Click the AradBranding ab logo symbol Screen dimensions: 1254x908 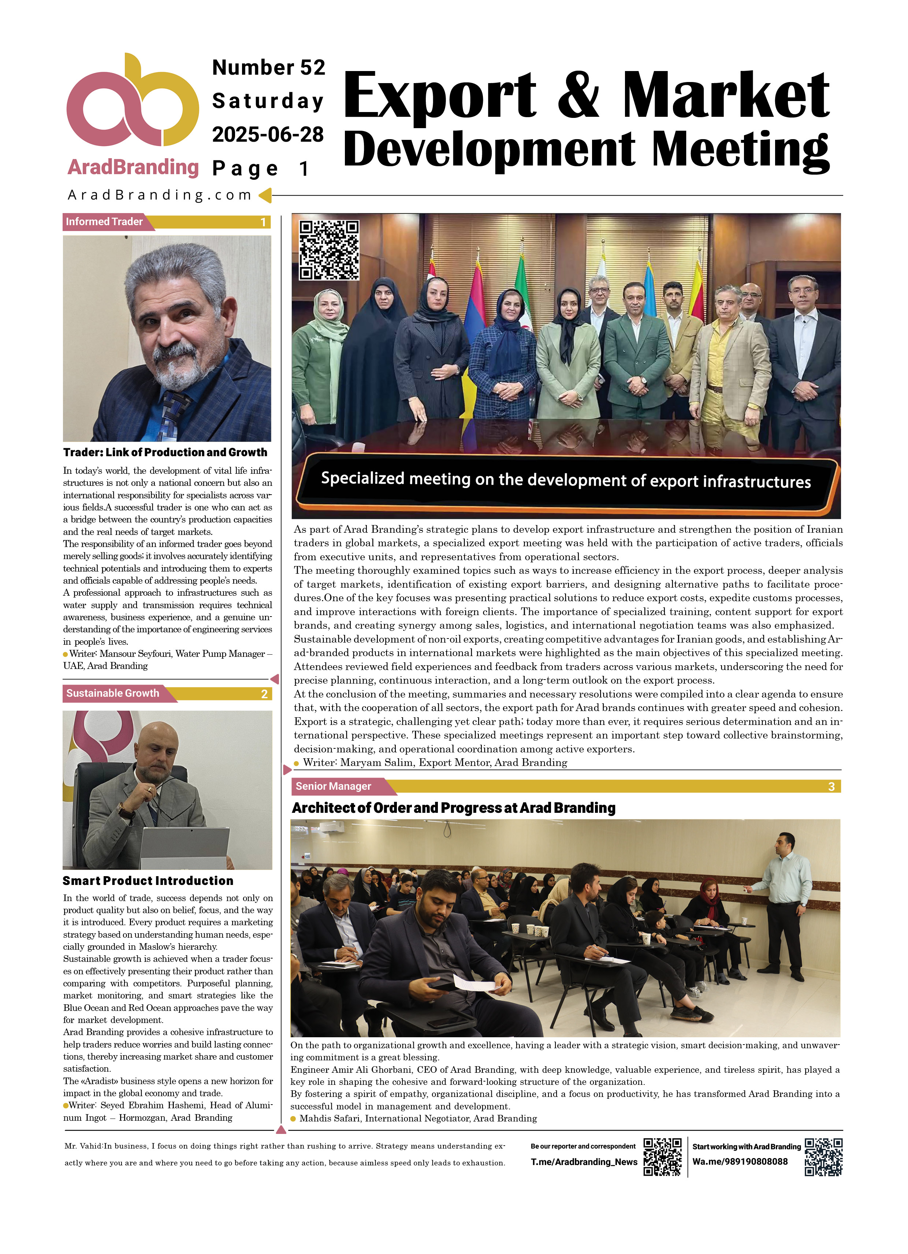[132, 102]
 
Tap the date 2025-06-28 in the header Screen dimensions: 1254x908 [268, 134]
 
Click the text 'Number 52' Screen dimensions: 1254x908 [269, 67]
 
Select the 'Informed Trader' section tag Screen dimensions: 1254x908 [104, 222]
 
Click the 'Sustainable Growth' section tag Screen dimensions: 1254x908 [112, 693]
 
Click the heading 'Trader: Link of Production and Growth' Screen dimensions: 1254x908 [165, 452]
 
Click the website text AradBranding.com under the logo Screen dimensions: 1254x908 [159, 195]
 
